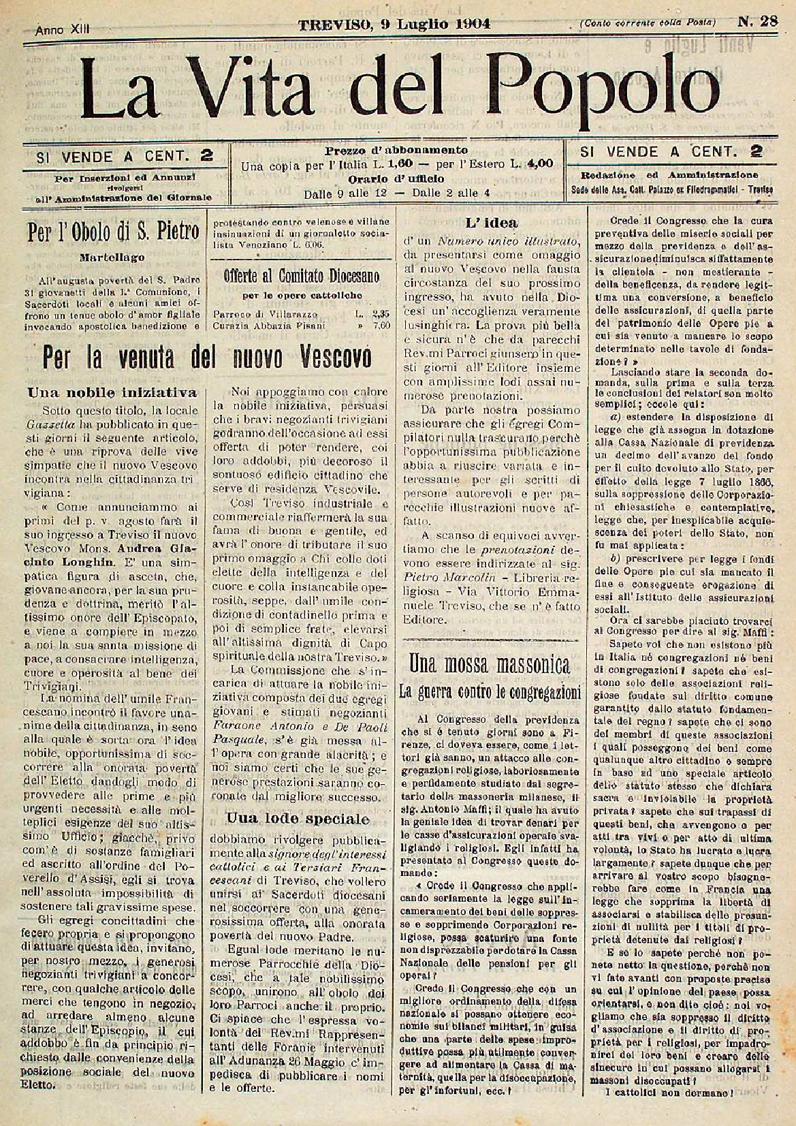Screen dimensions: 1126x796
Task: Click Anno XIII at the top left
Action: point(63,29)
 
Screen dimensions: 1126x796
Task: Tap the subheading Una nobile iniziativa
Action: point(112,392)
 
